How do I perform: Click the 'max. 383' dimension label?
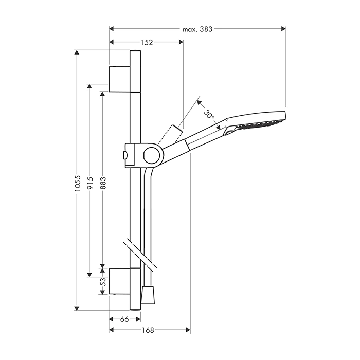tap(197, 29)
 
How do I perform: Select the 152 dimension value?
tap(147, 43)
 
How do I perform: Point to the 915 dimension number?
tap(91, 183)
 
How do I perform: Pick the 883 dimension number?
tap(103, 183)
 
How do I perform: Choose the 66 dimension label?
tap(124, 319)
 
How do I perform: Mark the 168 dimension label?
tap(148, 330)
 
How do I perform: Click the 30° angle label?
tap(209, 114)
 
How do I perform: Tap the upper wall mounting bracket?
tap(119, 79)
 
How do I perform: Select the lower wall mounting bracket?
tap(119, 281)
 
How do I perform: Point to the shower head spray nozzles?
tap(260, 124)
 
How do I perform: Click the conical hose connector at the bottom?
tap(148, 295)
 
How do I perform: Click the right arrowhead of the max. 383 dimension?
tap(284, 29)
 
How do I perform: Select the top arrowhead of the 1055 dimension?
tap(77, 52)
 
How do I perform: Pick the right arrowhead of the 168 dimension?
tap(188, 330)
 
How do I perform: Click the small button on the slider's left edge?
tap(125, 155)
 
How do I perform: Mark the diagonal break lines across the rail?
tap(140, 255)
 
